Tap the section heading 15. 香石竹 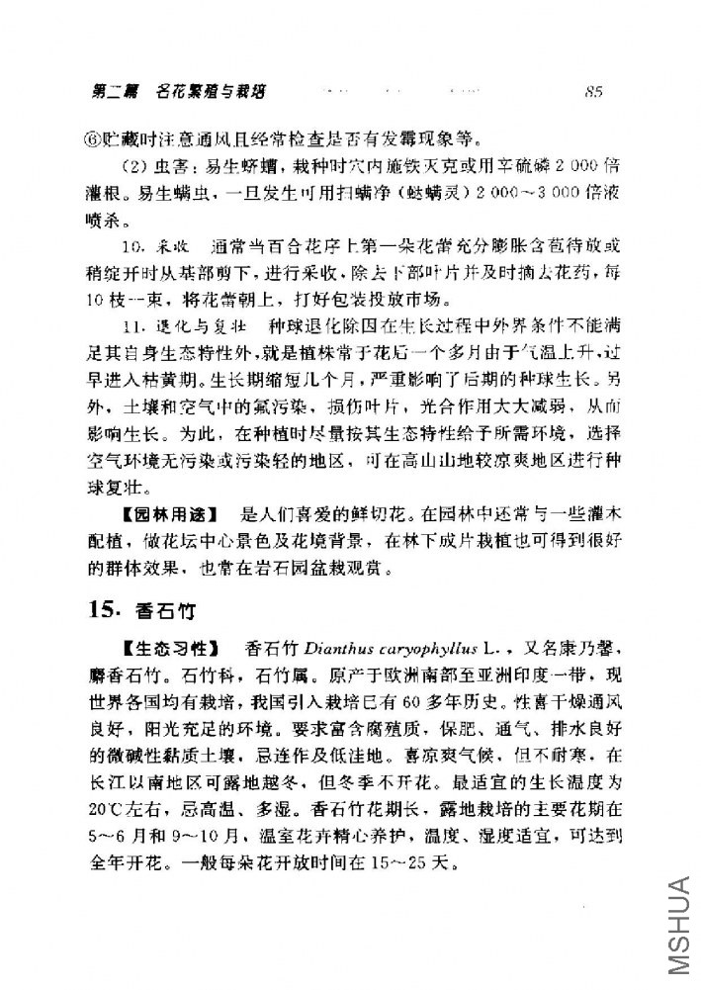[133, 610]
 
